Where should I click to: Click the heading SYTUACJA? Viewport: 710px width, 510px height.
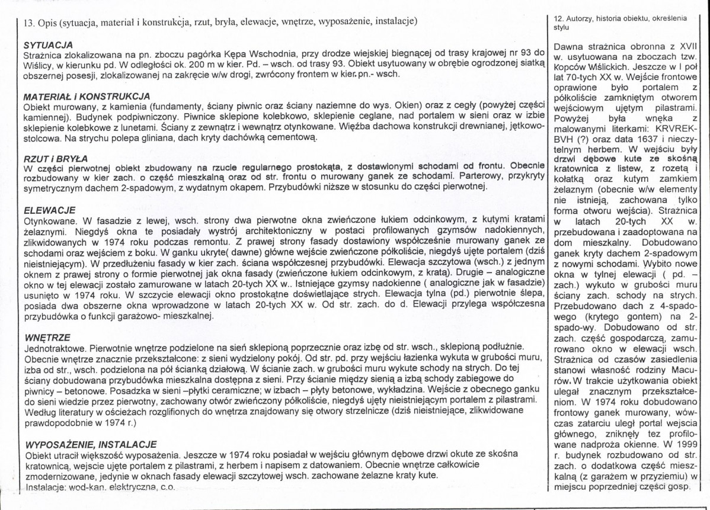(x=48, y=45)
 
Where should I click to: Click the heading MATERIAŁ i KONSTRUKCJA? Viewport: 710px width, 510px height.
(x=86, y=96)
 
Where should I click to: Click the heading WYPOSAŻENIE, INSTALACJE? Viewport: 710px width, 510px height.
(x=89, y=444)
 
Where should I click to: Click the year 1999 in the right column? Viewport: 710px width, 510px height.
(x=686, y=443)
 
